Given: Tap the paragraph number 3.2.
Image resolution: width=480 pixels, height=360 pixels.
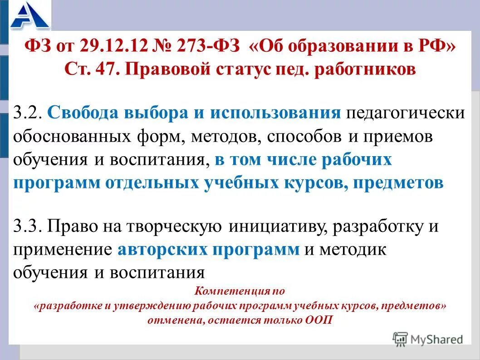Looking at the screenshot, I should pos(28,113).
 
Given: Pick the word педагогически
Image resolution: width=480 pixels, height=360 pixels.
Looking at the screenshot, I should pos(406,113).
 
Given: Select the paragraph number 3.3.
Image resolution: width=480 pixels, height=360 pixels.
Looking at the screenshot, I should pos(28,226).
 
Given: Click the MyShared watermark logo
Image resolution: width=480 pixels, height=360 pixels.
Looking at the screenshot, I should pos(428,339).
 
